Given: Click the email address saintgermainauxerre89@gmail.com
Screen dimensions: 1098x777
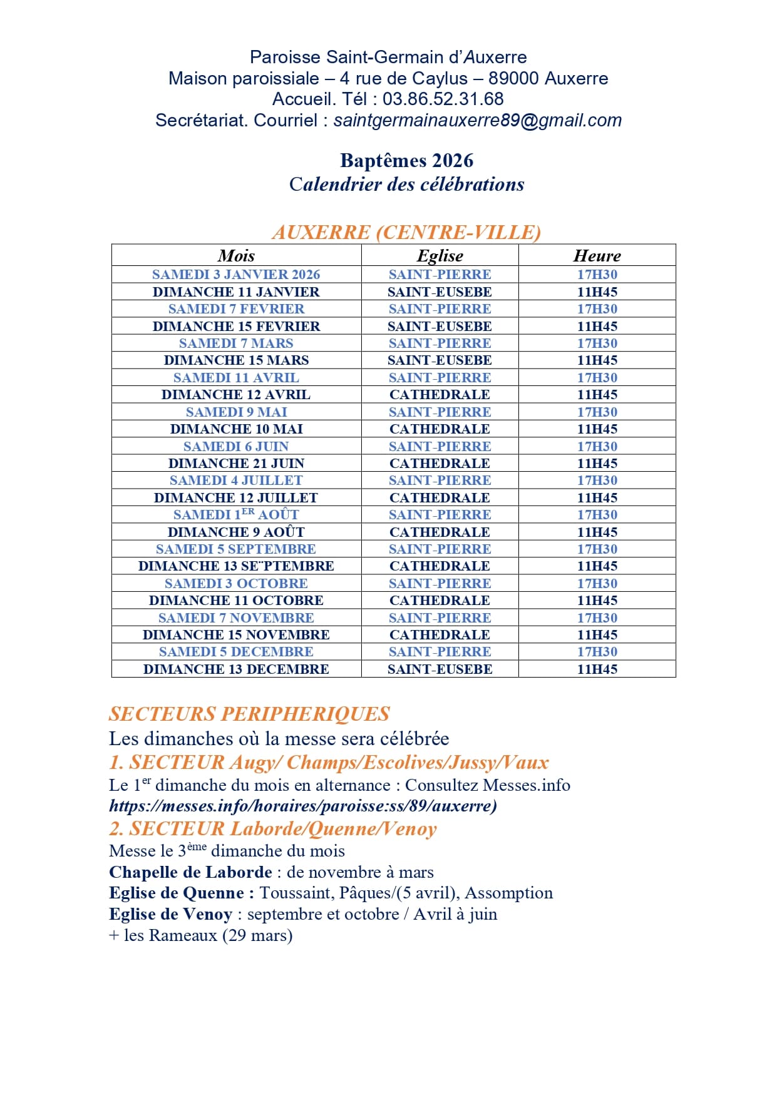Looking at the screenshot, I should click(x=477, y=120).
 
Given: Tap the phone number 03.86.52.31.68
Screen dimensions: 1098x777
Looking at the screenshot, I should click(x=443, y=99).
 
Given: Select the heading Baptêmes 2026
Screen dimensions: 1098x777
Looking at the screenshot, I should click(x=406, y=161).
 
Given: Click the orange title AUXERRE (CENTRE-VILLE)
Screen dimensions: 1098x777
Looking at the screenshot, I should click(x=406, y=232).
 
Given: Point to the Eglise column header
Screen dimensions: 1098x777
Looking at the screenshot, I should click(x=440, y=255).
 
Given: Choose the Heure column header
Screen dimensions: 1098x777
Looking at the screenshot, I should click(x=597, y=255).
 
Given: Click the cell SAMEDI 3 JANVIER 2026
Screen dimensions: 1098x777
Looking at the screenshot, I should click(x=236, y=275).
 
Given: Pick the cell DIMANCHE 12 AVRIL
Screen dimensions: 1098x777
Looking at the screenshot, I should click(x=236, y=395).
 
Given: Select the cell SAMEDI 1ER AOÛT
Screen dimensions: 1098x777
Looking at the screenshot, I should click(x=236, y=515).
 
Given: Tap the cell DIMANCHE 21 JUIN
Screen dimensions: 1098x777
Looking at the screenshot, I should click(x=236, y=464).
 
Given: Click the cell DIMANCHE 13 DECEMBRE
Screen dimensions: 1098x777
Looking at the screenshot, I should click(x=236, y=669).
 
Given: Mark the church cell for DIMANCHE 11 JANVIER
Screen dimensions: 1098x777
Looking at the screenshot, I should click(x=440, y=292).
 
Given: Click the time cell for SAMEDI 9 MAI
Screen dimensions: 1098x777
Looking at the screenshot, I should click(x=597, y=412).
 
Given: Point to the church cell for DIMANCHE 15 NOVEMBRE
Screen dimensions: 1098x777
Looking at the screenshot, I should click(x=440, y=635).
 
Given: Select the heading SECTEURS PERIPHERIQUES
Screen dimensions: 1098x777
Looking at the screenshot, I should click(x=249, y=714).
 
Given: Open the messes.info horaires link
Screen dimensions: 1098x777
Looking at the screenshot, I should click(x=303, y=806).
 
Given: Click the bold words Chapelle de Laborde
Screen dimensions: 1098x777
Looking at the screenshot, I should click(x=190, y=872).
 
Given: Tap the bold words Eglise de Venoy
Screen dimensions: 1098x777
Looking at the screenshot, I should click(x=170, y=914).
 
